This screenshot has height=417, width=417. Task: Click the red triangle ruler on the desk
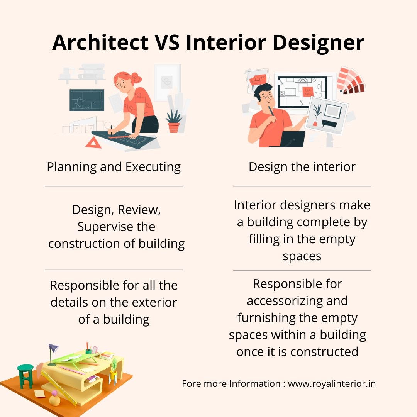[93, 143]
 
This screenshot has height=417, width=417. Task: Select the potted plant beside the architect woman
[174, 121]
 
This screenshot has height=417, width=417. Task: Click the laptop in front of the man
[292, 139]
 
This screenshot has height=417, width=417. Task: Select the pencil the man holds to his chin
[271, 112]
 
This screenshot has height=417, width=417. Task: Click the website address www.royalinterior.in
[332, 384]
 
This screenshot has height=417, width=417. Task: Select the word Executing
[153, 167]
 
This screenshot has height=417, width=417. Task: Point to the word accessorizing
[297, 301]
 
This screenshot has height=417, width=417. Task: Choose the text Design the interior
[302, 167]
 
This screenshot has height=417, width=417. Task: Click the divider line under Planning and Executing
[114, 186]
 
